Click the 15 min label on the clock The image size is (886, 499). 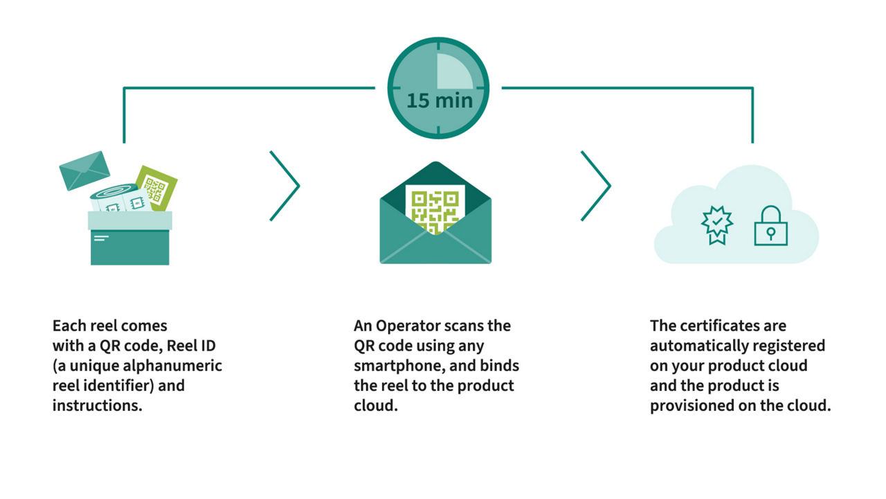(440, 100)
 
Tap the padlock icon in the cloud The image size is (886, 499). (770, 226)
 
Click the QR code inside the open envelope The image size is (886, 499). (435, 210)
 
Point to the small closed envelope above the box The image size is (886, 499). (84, 170)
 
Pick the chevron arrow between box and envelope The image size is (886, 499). (284, 186)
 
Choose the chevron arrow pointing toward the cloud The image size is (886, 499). (596, 186)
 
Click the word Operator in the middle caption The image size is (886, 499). (408, 326)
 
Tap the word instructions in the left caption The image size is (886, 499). (98, 405)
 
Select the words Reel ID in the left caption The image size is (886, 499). (191, 346)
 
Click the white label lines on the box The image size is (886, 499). (101, 238)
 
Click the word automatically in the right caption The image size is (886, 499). (698, 346)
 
